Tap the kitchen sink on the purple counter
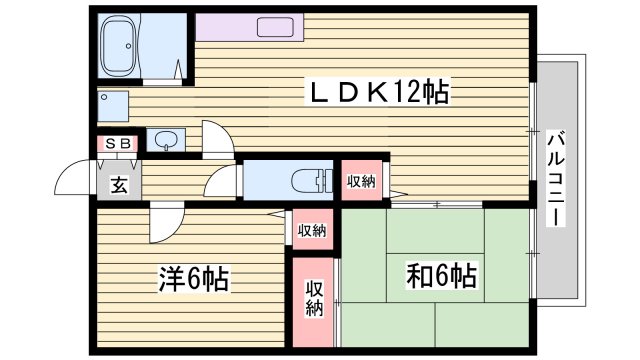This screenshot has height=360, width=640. tap(273, 27)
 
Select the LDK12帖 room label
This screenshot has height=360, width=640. tap(377, 93)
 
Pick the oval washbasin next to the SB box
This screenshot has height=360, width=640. tap(165, 139)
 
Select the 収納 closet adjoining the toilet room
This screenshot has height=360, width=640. tap(361, 181)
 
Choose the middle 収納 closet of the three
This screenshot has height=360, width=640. tap(311, 230)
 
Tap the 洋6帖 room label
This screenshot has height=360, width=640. tap(192, 278)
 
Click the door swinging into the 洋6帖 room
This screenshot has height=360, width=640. tap(162, 223)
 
